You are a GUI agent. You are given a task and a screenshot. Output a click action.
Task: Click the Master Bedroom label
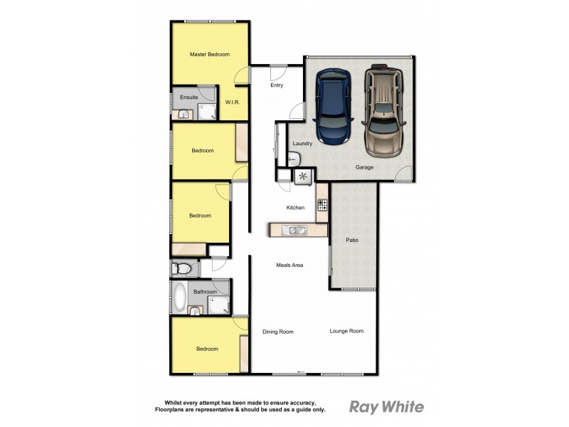pos(209,54)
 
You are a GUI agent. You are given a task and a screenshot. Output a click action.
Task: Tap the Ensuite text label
pos(188,97)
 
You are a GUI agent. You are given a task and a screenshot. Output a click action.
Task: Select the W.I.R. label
pos(233,102)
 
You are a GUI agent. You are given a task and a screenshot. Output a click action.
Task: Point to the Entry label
pos(277,85)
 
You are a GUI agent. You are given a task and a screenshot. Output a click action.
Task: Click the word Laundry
pos(302,144)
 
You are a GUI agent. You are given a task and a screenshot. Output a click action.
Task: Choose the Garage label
pos(365,167)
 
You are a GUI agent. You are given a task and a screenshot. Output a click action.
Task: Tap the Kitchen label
pos(295,208)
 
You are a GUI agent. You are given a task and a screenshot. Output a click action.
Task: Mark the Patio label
pos(352,240)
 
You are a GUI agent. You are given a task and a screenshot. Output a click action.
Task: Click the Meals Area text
pos(289,265)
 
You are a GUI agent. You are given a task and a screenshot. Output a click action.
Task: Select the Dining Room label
pos(277,332)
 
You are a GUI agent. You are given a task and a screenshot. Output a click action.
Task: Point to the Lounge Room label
pos(346,331)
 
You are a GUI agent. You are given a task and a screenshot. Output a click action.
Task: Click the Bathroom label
pos(205,292)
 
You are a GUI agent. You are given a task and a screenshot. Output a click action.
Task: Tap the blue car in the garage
pos(333,107)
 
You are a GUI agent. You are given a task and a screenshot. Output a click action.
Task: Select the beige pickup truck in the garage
pos(384,110)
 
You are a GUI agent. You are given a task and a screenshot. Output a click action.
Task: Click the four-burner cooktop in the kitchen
pos(321,206)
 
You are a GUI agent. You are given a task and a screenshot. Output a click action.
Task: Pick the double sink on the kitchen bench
pos(293,230)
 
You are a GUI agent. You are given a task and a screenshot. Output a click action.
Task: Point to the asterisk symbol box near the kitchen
pos(304,177)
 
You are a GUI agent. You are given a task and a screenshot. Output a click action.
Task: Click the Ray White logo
pos(386,407)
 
